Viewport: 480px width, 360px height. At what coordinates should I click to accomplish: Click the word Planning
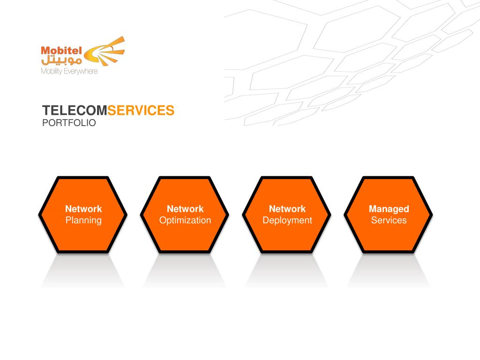pos(83,220)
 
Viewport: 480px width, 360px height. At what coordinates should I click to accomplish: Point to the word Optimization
pos(185,220)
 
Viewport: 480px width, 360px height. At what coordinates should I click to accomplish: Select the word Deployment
pos(287,220)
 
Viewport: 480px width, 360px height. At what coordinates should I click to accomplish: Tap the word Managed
pos(389,209)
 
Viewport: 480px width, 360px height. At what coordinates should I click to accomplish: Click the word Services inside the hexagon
pos(389,220)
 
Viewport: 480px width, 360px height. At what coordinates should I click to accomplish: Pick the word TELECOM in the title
pos(75,111)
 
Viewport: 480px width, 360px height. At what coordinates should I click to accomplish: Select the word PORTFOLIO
pos(69,123)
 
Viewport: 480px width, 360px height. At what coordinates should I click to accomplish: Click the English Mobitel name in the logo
pos(61,50)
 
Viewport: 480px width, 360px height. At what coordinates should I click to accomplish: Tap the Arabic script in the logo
pos(61,60)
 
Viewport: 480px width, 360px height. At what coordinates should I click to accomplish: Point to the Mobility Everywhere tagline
pos(69,71)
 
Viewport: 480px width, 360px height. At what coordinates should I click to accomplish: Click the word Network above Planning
pos(83,209)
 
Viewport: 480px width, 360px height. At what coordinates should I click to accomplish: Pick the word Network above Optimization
pos(185,209)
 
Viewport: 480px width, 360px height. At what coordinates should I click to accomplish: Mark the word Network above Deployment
pos(287,209)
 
